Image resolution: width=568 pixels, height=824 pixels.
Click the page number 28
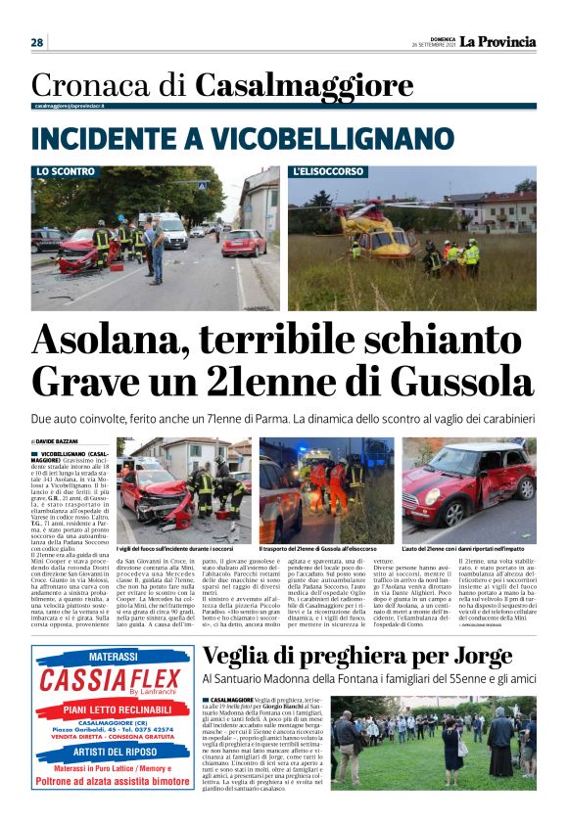pos(36,42)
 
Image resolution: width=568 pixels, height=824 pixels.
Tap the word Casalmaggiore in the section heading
pos(290,85)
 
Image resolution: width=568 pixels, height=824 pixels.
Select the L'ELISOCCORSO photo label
pos(329,171)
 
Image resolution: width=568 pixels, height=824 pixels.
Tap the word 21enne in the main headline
pos(272,381)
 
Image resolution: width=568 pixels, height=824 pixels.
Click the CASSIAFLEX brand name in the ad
pos(111,680)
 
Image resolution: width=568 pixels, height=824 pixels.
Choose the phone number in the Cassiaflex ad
pos(143,728)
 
